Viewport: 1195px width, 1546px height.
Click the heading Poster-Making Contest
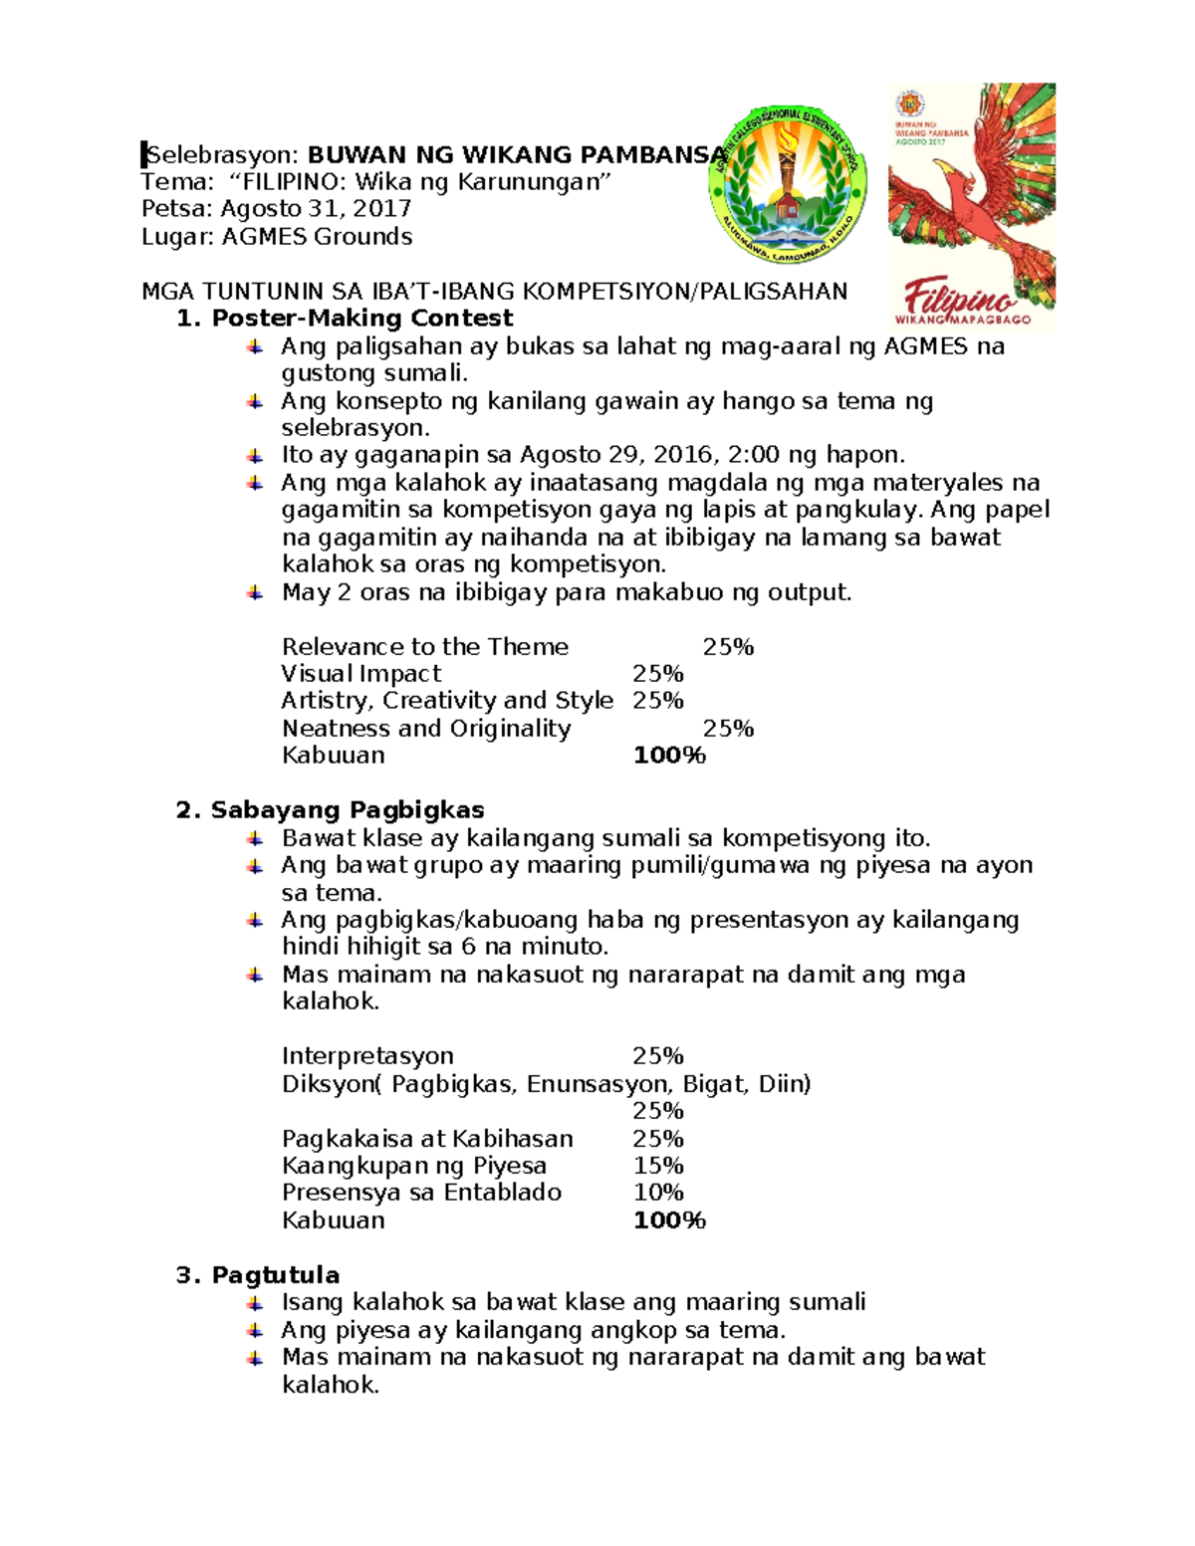[x=361, y=319]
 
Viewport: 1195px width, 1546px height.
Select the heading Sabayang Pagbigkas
[x=347, y=810]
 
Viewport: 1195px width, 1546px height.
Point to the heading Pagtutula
[x=275, y=1275]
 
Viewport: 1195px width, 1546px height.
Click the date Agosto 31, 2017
[x=316, y=209]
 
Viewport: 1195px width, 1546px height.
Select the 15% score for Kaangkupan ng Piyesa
[x=658, y=1166]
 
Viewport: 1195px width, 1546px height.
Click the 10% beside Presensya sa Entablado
[x=658, y=1193]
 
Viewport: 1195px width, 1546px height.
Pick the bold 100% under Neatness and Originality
[x=669, y=756]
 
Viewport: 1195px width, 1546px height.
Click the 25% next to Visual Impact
[x=658, y=674]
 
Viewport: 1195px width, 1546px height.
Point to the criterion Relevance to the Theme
[x=425, y=647]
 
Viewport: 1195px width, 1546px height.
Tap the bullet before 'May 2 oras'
[x=256, y=592]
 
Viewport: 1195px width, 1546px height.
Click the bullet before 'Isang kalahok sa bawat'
[x=256, y=1302]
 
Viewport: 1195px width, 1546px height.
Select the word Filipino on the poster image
[x=959, y=297]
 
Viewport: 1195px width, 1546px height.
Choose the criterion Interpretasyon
[x=367, y=1056]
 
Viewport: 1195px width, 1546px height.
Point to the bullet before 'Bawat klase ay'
[x=256, y=838]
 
